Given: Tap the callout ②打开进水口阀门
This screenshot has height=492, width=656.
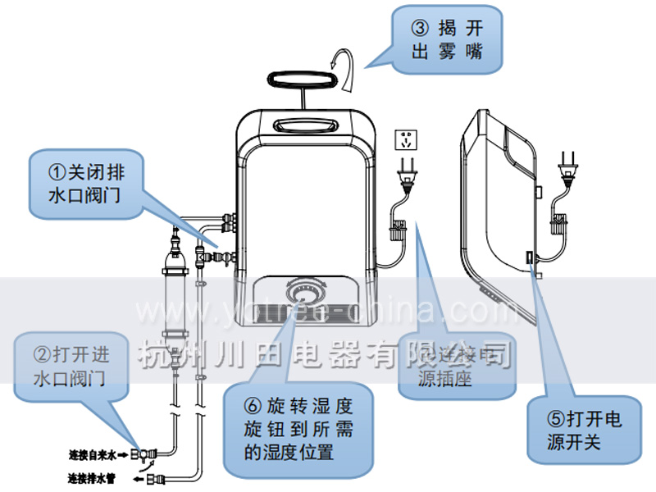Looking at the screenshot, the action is [x=70, y=367].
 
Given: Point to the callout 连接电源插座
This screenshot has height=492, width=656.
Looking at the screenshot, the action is [x=455, y=365].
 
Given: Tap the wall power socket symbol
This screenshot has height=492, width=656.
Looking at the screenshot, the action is [x=406, y=139].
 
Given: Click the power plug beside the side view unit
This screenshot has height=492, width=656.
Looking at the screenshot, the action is [x=566, y=168].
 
